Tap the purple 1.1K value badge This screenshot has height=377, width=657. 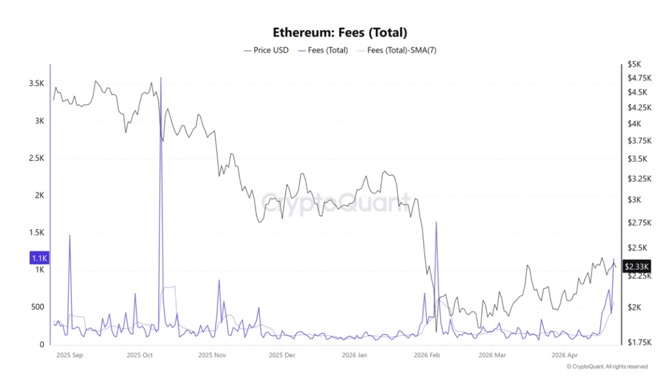[x=39, y=258]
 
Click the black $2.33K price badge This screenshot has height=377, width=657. [x=637, y=266]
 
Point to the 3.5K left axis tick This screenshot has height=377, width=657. [x=36, y=84]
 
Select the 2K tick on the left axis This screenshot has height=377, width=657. [x=39, y=196]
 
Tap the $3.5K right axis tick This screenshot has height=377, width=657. [x=638, y=158]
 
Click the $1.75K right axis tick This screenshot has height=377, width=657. [x=639, y=342]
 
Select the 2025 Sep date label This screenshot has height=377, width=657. [x=69, y=355]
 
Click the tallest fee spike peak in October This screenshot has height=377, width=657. [x=160, y=78]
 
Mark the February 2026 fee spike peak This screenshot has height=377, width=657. [x=436, y=222]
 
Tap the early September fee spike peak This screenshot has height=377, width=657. [x=69, y=236]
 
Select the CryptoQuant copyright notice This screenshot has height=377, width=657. [x=607, y=367]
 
